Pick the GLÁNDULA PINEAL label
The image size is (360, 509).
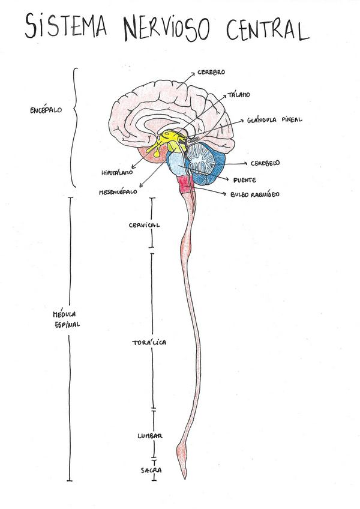274,119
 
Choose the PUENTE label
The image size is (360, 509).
245,179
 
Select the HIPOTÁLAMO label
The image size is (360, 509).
116,173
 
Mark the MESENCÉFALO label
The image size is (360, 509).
119,193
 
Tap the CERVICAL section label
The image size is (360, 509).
144,225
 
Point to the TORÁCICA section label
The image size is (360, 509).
149,342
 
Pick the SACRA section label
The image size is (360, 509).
151,471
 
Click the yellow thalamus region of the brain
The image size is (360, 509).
171,138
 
